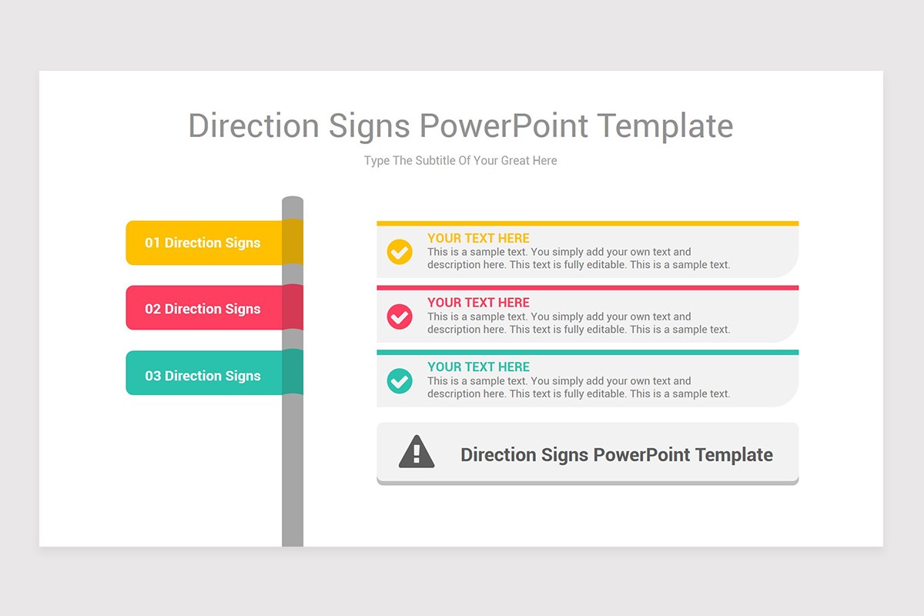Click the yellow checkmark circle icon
tap(400, 252)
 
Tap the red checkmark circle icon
tap(400, 316)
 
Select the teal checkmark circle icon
tap(400, 380)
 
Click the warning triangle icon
tap(417, 452)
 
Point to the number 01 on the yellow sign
tap(152, 243)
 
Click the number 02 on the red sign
tap(152, 309)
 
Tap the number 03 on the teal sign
tap(152, 376)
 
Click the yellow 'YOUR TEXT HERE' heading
tap(478, 238)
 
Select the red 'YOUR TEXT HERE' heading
tap(478, 303)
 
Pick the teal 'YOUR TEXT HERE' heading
tap(478, 367)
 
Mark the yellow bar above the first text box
tap(587, 223)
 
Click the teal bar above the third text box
tap(587, 352)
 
